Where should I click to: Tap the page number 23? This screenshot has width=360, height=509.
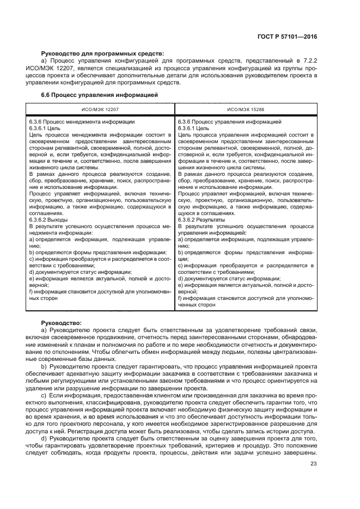pos(313,464)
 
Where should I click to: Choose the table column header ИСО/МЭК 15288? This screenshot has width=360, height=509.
pos(246,109)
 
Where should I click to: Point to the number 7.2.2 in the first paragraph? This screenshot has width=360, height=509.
pos(308,61)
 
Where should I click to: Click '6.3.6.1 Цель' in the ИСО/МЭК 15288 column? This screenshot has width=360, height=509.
pos(194,128)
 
